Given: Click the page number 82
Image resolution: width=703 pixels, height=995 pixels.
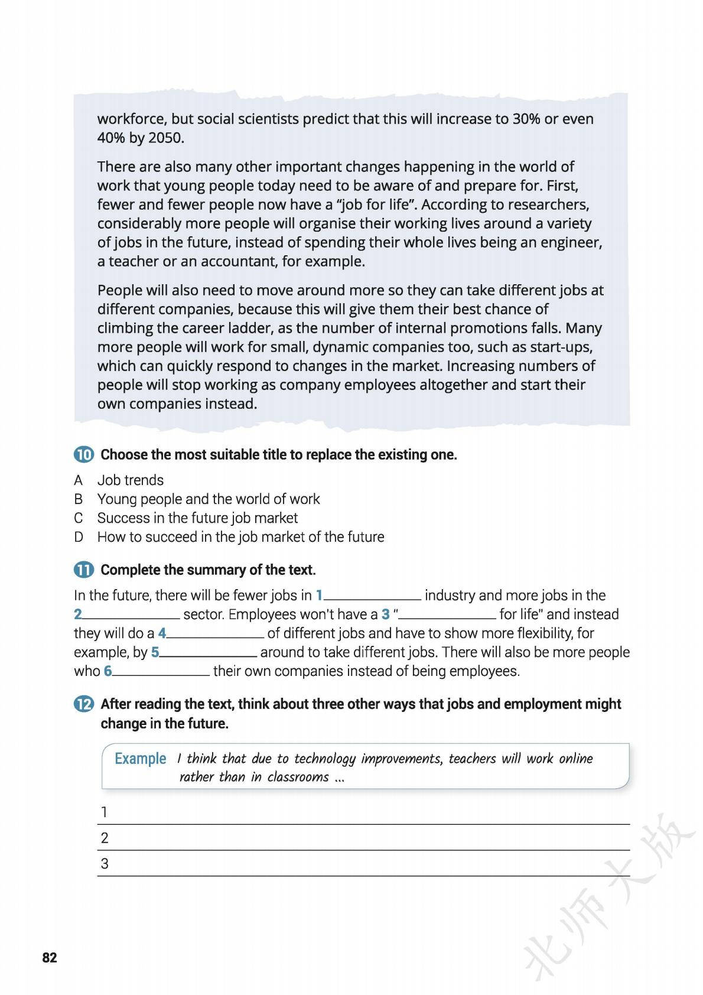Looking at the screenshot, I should pos(50,958).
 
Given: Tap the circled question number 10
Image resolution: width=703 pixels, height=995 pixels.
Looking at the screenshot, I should pos(83,455).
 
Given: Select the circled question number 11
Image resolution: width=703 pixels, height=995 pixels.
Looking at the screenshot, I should pos(83,570).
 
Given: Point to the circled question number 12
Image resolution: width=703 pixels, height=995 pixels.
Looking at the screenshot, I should pos(83,704).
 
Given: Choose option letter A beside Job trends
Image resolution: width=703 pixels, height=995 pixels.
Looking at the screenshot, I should pos(78,480).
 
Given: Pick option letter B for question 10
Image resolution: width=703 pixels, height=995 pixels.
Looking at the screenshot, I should pos(78,499).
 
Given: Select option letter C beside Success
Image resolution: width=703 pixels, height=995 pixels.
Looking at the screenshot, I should pos(78,518).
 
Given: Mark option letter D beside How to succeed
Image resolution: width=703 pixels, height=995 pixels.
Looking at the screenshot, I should pos(78,537).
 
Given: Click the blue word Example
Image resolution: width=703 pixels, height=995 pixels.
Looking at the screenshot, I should pos(140,759).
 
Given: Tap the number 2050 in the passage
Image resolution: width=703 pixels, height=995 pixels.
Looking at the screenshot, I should pos(165,138).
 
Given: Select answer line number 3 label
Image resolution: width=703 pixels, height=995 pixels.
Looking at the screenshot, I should pos(105,864).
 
